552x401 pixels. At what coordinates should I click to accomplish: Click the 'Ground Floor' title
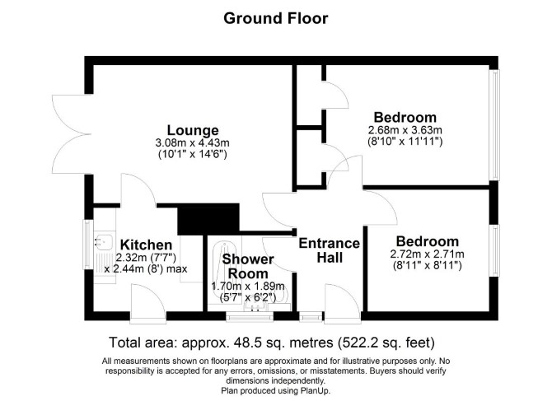tap(276, 18)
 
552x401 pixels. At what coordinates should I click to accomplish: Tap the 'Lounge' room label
tap(193, 130)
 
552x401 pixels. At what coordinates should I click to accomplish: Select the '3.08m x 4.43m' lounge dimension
tap(192, 142)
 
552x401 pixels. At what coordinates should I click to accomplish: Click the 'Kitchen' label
tap(146, 245)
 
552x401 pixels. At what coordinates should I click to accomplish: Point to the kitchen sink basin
tap(103, 241)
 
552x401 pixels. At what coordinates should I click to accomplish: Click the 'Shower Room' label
tap(248, 266)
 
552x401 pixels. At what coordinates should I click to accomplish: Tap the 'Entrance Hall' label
tap(330, 250)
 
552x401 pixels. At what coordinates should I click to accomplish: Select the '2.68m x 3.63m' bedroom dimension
tap(405, 130)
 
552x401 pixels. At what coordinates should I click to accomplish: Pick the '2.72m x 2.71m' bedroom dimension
tap(427, 254)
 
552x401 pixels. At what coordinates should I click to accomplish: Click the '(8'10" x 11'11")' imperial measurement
tap(405, 141)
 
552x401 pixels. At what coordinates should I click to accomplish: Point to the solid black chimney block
tap(208, 219)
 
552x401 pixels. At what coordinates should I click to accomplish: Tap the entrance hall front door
tap(343, 304)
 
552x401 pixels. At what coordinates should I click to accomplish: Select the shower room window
tap(250, 316)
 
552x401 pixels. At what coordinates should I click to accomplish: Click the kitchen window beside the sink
tap(87, 244)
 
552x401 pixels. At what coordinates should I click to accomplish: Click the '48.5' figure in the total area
tap(243, 342)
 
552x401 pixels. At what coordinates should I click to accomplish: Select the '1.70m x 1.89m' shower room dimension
tap(248, 286)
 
